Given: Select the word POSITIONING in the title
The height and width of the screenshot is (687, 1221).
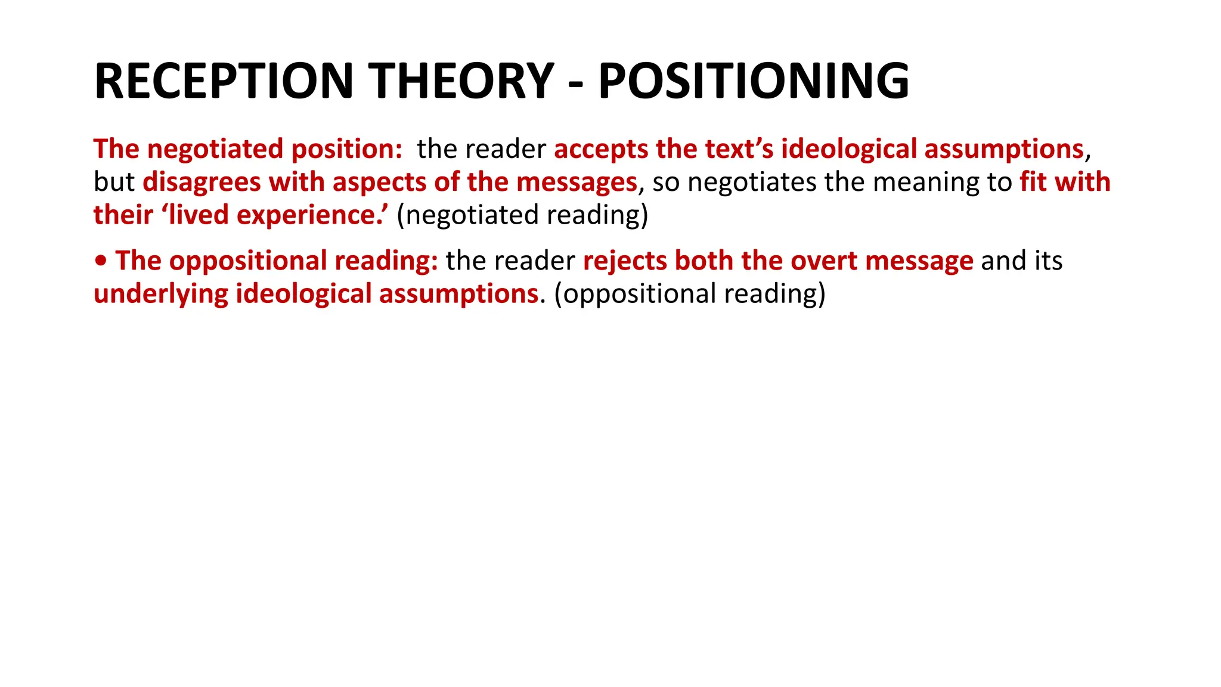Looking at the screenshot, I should tap(754, 81).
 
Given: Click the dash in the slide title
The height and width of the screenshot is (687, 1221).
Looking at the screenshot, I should tap(576, 83).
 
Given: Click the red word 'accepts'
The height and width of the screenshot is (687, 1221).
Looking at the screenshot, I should tap(601, 149).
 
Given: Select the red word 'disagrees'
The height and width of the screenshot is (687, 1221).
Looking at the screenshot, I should tap(202, 182).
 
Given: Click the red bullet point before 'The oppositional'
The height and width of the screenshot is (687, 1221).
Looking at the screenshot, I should tap(101, 261).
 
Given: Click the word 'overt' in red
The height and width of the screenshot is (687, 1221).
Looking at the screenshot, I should tap(823, 261).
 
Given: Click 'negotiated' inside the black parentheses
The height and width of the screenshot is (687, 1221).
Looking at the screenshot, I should tap(472, 215).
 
